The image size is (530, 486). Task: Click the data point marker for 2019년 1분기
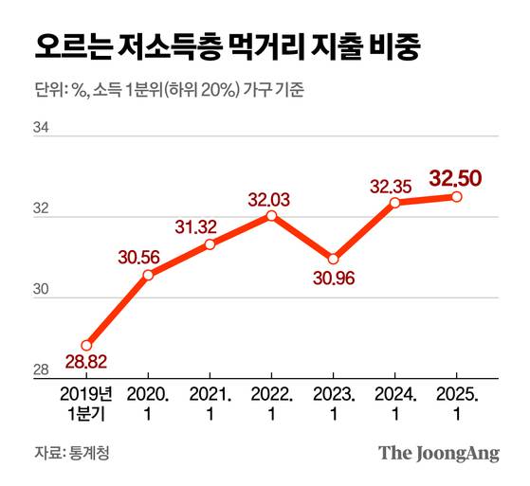(86, 345)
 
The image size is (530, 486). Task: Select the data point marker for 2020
(148, 275)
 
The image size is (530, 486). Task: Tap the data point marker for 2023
(333, 260)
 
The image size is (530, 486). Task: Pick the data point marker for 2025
(456, 197)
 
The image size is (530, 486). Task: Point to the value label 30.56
(139, 257)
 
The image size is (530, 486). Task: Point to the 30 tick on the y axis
(41, 290)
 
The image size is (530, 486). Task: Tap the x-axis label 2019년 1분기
(85, 403)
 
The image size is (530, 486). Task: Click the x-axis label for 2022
(271, 403)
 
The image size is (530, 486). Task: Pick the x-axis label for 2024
(394, 403)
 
